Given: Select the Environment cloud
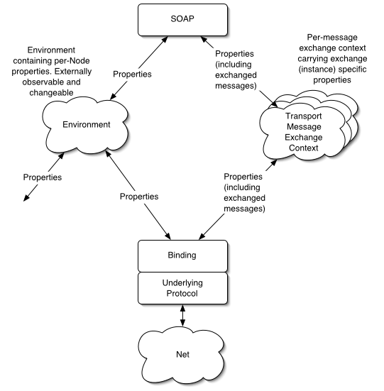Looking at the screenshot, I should tap(85, 124).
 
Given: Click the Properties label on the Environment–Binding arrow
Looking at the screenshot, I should tap(138, 195).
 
